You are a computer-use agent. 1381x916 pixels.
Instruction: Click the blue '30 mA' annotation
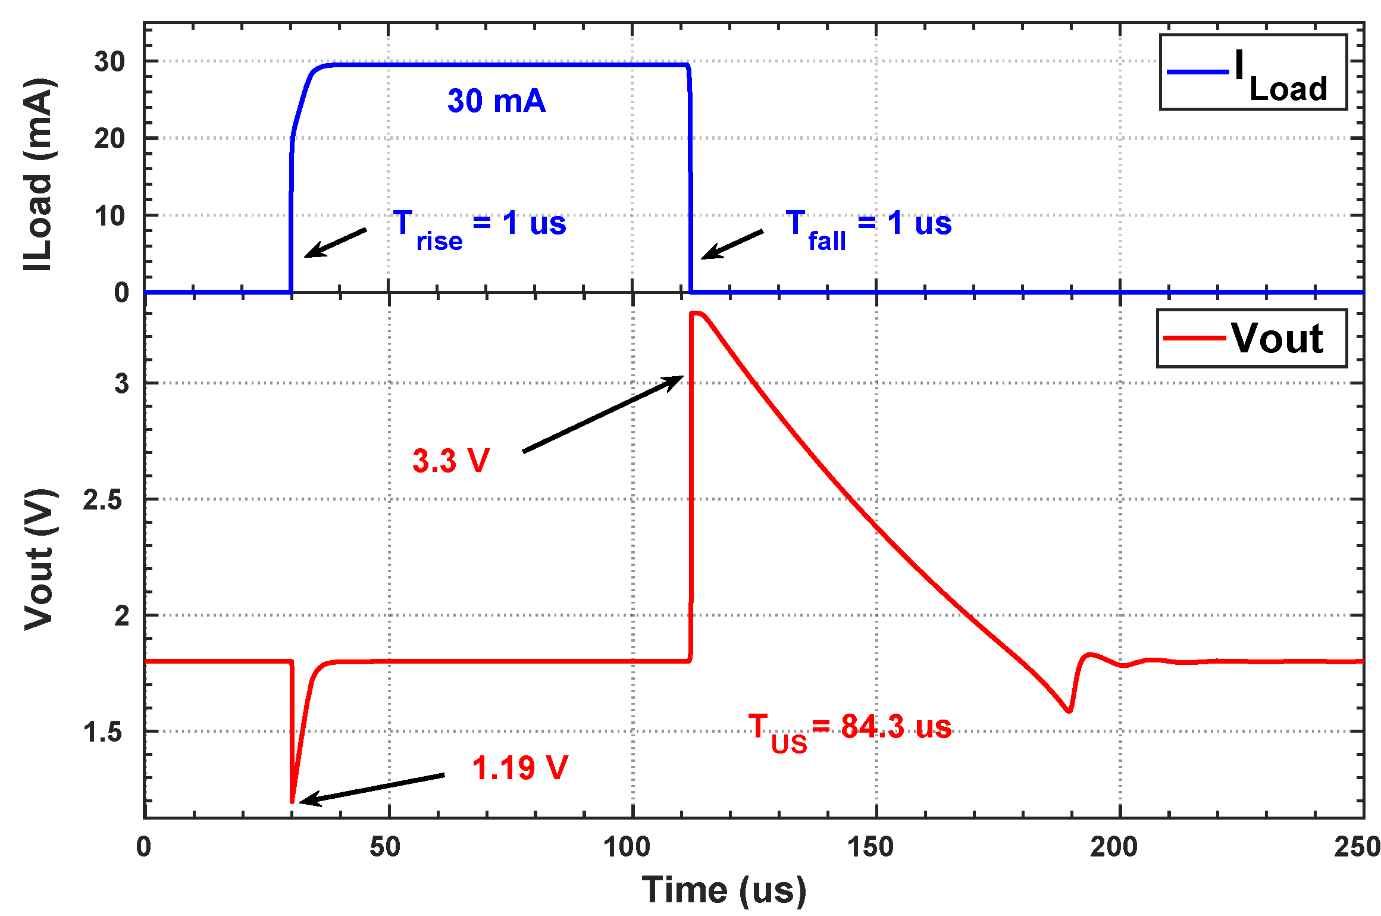[496, 101]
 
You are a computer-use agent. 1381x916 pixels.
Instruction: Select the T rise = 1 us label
[480, 229]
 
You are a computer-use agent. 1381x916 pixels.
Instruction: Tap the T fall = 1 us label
[868, 229]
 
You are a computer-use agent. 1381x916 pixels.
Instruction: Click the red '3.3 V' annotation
[450, 461]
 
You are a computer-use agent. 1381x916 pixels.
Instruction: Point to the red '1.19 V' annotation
[519, 768]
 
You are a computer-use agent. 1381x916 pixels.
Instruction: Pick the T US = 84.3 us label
[850, 731]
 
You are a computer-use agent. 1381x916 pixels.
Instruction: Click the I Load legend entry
[1252, 73]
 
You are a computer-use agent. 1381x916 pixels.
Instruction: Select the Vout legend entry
[1251, 338]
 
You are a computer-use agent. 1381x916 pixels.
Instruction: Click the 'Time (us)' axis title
[724, 891]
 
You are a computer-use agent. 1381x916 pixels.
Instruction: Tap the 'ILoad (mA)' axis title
[38, 174]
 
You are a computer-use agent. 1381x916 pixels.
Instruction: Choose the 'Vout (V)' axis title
[39, 559]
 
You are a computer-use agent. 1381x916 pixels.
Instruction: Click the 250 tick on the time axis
[1357, 847]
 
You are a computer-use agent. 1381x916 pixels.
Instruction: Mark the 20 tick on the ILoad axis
[109, 139]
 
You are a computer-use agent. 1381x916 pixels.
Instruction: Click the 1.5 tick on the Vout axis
[102, 732]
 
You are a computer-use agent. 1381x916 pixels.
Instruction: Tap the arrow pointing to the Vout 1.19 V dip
[372, 788]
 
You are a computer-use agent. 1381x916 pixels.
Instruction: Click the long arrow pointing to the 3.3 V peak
[602, 414]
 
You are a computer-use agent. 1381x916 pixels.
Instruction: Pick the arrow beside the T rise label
[336, 243]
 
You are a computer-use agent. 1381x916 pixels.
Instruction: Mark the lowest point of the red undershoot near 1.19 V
[292, 802]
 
